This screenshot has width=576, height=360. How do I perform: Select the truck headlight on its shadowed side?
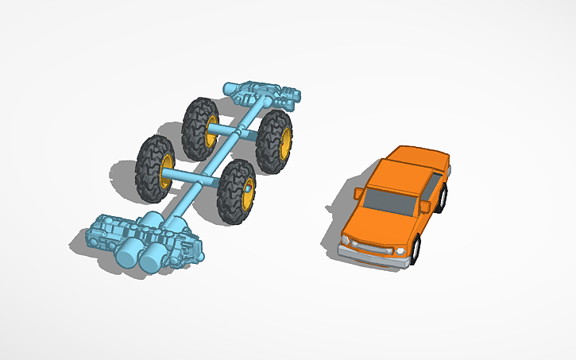click(346, 238)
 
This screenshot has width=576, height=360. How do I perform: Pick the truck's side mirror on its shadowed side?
click(357, 193)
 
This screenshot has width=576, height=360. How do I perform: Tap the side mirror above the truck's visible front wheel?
click(425, 207)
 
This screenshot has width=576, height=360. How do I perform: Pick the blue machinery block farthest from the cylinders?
click(266, 95)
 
